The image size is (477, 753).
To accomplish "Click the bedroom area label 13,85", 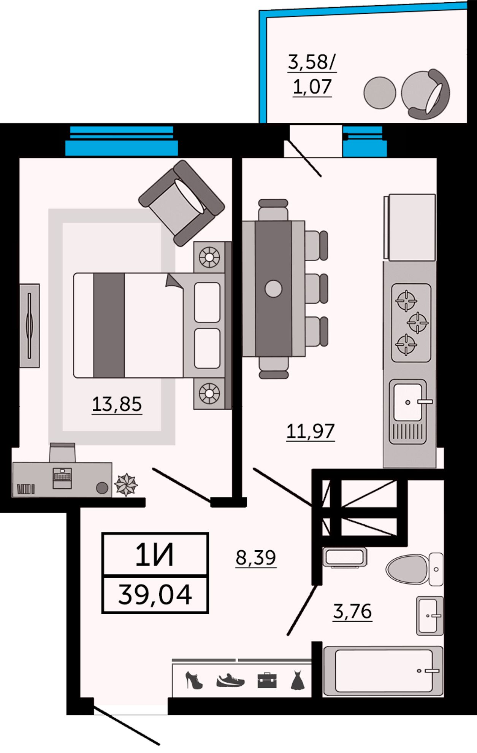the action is (x=117, y=404).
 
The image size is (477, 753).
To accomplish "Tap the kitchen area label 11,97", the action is (x=311, y=431).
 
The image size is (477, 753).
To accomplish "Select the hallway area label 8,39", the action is (x=256, y=558).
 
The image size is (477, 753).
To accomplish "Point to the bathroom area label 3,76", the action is (x=352, y=611).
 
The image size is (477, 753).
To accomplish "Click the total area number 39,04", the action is (x=155, y=595).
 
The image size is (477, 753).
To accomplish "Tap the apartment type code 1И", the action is (x=155, y=555).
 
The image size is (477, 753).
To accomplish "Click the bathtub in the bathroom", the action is (x=384, y=671).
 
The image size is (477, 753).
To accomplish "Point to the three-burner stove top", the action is (x=411, y=322).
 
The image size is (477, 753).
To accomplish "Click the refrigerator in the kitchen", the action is (x=410, y=227).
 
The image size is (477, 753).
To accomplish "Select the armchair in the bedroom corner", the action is (x=182, y=202).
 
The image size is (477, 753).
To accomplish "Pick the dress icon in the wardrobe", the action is (x=298, y=680).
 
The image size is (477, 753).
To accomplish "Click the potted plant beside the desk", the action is (x=126, y=485).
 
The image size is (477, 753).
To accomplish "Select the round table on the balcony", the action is (x=380, y=93).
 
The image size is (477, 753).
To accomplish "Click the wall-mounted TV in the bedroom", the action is (x=30, y=326).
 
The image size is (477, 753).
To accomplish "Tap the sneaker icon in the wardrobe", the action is (x=230, y=680).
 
